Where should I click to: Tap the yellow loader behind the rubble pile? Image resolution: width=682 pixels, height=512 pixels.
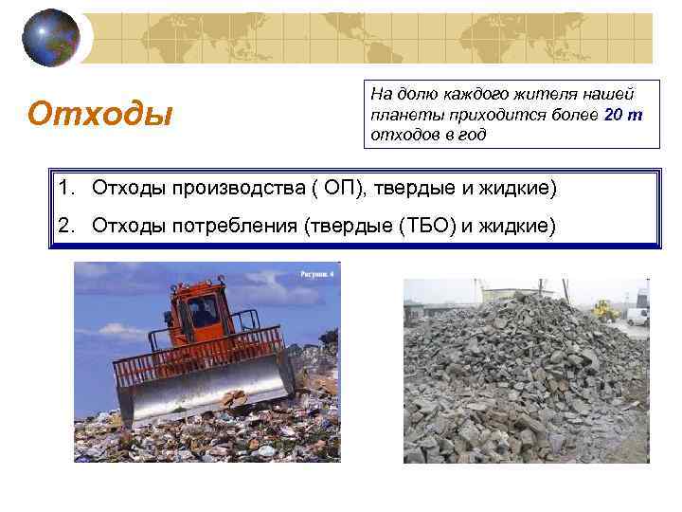click(x=603, y=309)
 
